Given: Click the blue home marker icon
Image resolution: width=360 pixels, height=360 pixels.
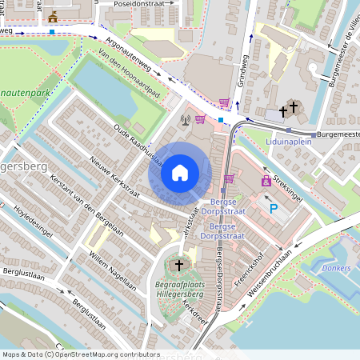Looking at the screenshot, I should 180,172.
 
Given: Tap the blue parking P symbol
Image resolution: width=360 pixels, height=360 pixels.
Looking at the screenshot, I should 274,209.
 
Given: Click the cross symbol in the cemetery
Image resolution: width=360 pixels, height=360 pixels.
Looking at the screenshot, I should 179,264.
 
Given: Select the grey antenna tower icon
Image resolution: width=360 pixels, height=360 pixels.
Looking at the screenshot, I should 186,122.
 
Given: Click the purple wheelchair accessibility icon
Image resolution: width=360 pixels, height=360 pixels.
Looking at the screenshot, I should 266,181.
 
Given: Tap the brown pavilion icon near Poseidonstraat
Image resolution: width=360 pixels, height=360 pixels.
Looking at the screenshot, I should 53,16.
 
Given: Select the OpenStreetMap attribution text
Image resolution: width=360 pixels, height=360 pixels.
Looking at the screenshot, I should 80,354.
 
